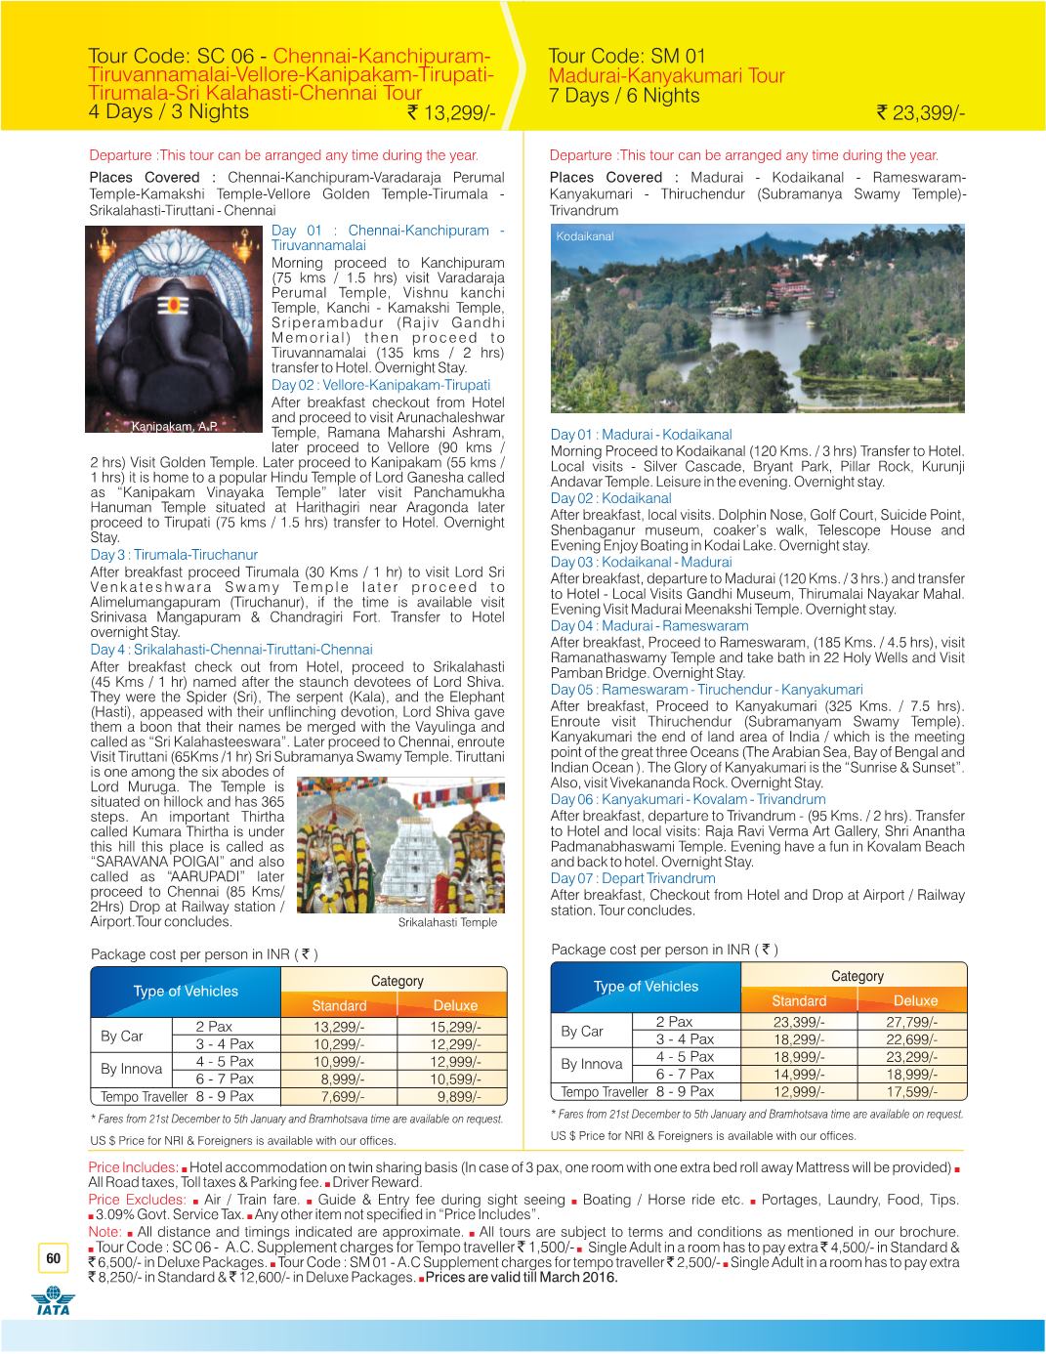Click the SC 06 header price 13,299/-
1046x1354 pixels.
coord(451,115)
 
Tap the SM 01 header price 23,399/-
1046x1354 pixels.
coord(921,115)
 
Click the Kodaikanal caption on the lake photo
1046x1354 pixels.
coord(585,236)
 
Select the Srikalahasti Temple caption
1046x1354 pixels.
coord(447,922)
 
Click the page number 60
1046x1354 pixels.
coord(53,1258)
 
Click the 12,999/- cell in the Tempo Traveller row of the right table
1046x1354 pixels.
coord(799,1092)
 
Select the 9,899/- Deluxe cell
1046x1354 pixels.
coord(455,1096)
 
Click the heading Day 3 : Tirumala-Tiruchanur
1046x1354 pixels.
coord(160,555)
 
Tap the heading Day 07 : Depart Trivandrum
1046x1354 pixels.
coord(633,878)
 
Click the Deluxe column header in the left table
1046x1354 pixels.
coord(455,1005)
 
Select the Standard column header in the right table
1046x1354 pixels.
coord(799,1000)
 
